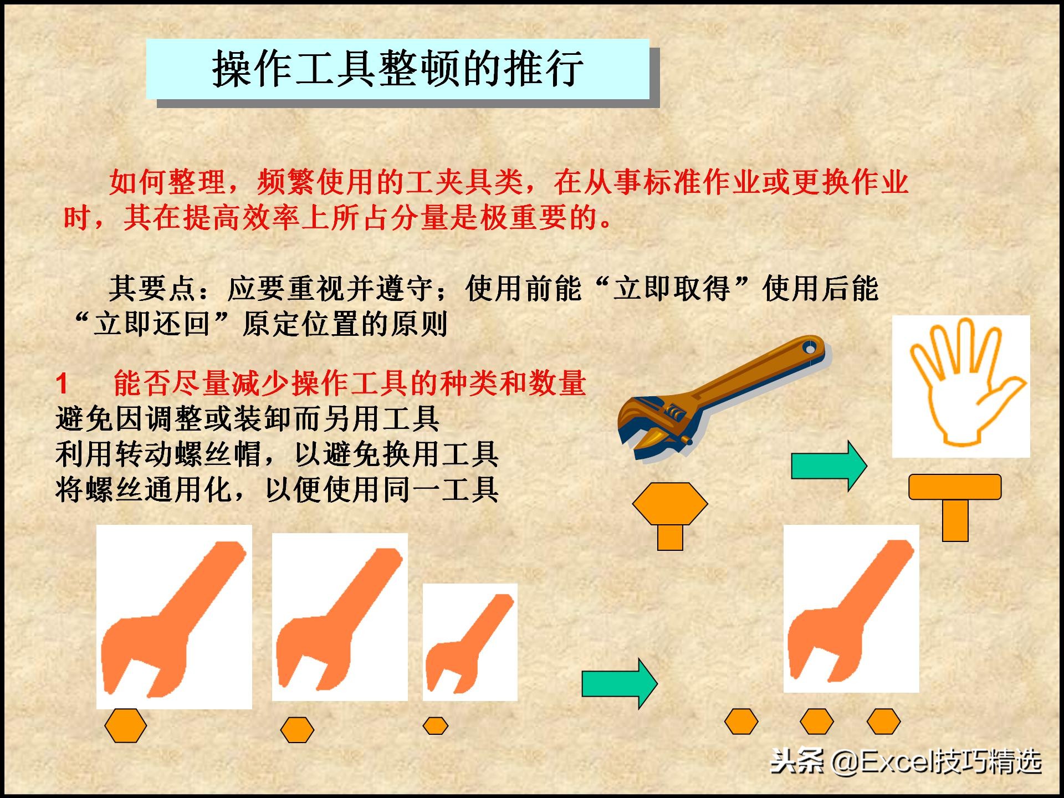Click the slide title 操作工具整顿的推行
click(x=397, y=69)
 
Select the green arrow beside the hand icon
click(x=828, y=465)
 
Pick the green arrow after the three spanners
click(x=619, y=683)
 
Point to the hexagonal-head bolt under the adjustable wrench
click(x=670, y=513)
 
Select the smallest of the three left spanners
click(x=470, y=643)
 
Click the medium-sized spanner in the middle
click(x=339, y=618)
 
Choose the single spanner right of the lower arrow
click(x=851, y=610)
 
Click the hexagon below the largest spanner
click(x=126, y=725)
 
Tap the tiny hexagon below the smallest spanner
click(x=436, y=725)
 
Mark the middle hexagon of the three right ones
click(x=817, y=722)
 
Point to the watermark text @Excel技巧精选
click(x=937, y=763)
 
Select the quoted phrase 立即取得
click(x=672, y=289)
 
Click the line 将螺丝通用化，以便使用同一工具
click(x=277, y=490)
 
